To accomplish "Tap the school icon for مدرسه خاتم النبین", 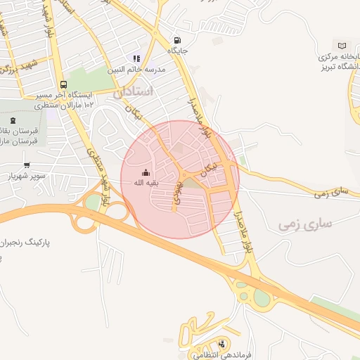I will click(136, 59).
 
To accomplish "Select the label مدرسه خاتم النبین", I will click(136, 70).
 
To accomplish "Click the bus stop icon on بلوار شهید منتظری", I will click(64, 84).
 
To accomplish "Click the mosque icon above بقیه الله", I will click(146, 173).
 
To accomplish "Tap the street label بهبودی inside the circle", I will click(179, 191).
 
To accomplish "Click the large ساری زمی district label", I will click(304, 225).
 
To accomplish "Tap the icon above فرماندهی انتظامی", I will click(222, 345).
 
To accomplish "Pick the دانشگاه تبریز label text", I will click(330, 67).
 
